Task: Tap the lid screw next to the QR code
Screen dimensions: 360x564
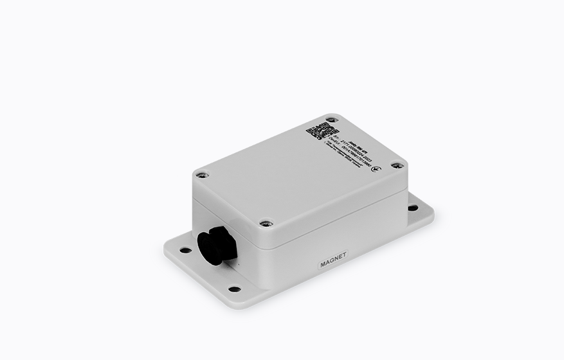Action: point(331,120)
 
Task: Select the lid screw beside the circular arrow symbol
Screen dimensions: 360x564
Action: point(397,165)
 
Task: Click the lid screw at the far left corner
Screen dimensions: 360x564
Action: point(202,174)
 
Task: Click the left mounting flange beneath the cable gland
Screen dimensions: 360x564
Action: point(193,264)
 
